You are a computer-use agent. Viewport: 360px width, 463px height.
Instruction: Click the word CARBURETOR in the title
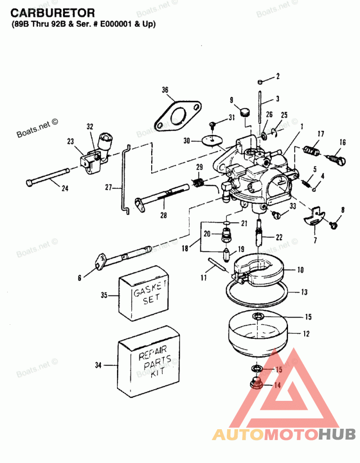click(x=53, y=13)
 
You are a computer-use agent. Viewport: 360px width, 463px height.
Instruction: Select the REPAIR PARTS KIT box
click(x=149, y=360)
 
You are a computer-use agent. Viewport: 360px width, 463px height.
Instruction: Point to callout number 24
click(x=65, y=188)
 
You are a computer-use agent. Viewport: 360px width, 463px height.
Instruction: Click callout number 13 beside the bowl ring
click(x=304, y=292)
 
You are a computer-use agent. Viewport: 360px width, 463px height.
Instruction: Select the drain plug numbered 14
click(x=256, y=384)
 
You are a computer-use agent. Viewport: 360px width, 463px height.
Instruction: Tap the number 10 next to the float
click(x=300, y=270)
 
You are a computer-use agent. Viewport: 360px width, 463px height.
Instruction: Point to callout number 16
click(x=342, y=143)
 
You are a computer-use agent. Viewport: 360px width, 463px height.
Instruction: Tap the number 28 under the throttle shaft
click(x=163, y=215)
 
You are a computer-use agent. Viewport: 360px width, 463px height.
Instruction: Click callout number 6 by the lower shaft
click(x=80, y=278)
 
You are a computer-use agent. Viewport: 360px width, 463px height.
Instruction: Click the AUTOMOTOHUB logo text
click(x=284, y=434)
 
